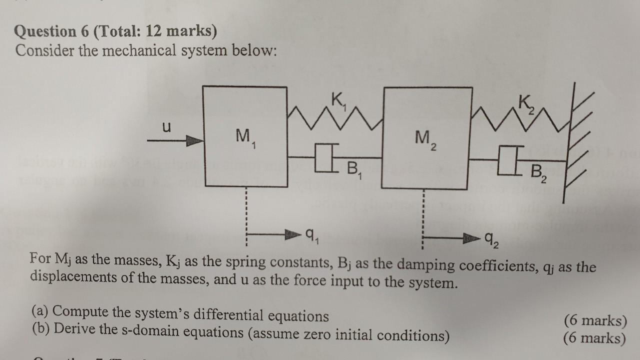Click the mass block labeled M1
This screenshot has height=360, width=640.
[x=245, y=136]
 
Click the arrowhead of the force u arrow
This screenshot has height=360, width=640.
[x=195, y=141]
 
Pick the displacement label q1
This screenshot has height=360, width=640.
[x=310, y=234]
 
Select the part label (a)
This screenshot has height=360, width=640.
[x=39, y=311]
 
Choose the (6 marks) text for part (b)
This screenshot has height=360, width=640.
[x=594, y=338]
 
